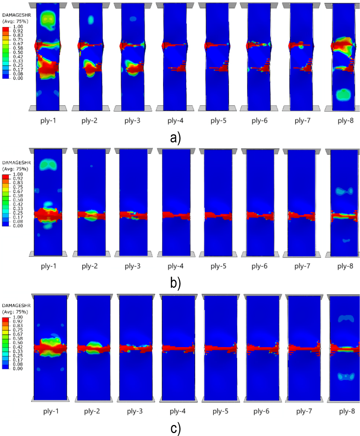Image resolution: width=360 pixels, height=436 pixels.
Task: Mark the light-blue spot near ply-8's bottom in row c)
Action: pyautogui.click(x=345, y=376)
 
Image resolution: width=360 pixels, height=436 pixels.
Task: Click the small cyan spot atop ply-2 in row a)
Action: pyautogui.click(x=91, y=19)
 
